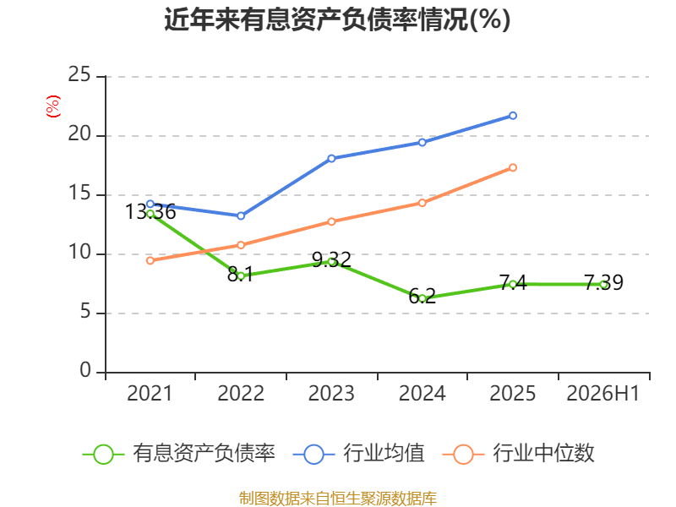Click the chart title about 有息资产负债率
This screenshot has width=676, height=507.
337,19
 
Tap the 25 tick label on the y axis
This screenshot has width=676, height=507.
79,74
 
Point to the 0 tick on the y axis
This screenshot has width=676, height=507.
85,370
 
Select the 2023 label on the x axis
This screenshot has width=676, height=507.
331,393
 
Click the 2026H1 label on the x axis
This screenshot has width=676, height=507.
602,393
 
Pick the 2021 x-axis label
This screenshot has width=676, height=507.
150,393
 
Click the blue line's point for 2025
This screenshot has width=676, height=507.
513,116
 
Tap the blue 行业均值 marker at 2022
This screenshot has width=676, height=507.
241,215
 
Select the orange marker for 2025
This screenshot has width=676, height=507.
513,167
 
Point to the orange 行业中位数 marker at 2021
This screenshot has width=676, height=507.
150,260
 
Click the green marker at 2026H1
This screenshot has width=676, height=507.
603,285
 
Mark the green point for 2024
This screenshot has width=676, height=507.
422,298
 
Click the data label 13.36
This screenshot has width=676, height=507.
150,212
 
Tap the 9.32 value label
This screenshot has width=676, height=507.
331,259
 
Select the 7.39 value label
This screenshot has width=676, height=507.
603,282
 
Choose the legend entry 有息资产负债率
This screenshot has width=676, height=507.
178,453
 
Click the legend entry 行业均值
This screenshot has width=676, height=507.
358,453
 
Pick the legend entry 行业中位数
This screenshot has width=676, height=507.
519,453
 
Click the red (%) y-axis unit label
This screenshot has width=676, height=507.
53,106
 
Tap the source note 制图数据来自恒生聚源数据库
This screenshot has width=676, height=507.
337,498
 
